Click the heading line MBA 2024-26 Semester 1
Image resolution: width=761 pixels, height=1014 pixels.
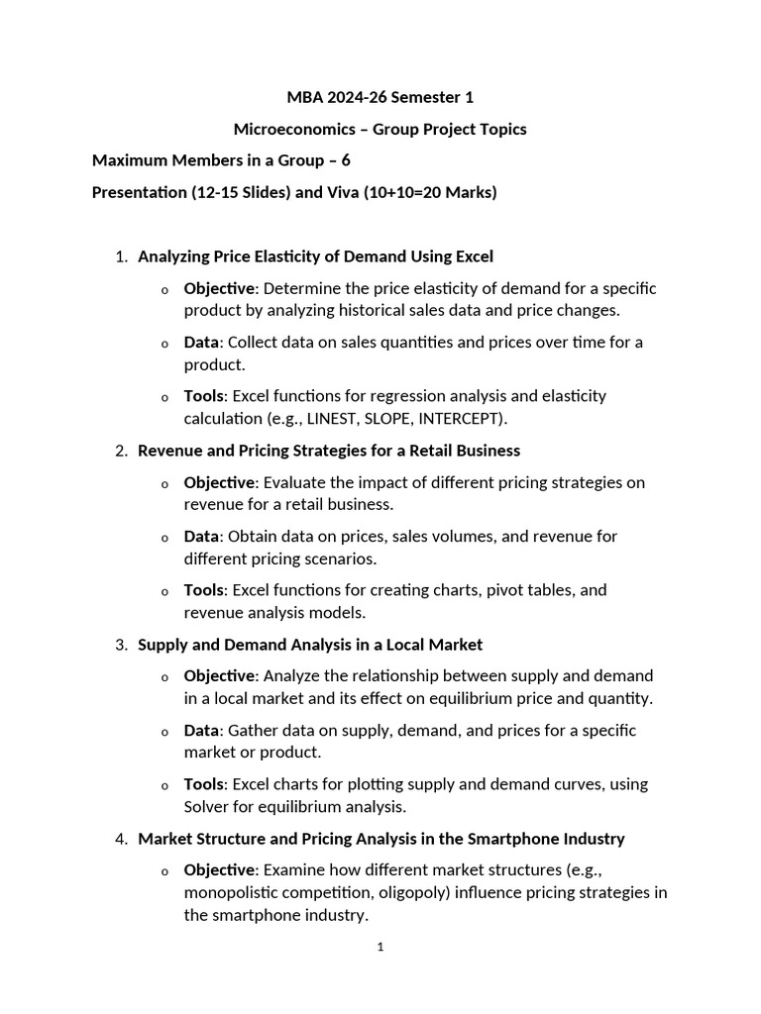(380, 97)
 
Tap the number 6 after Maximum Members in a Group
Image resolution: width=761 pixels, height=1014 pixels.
(346, 160)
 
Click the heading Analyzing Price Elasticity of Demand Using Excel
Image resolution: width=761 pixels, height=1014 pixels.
(315, 256)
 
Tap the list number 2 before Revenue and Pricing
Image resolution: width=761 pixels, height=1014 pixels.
(120, 451)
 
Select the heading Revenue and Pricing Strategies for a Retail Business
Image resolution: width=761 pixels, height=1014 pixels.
(328, 451)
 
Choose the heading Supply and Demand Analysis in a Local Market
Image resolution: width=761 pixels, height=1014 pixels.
(309, 645)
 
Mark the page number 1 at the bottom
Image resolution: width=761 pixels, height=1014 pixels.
(380, 947)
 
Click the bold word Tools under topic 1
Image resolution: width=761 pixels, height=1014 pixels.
(203, 396)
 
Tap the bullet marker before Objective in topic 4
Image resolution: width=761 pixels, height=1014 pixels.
(164, 871)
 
